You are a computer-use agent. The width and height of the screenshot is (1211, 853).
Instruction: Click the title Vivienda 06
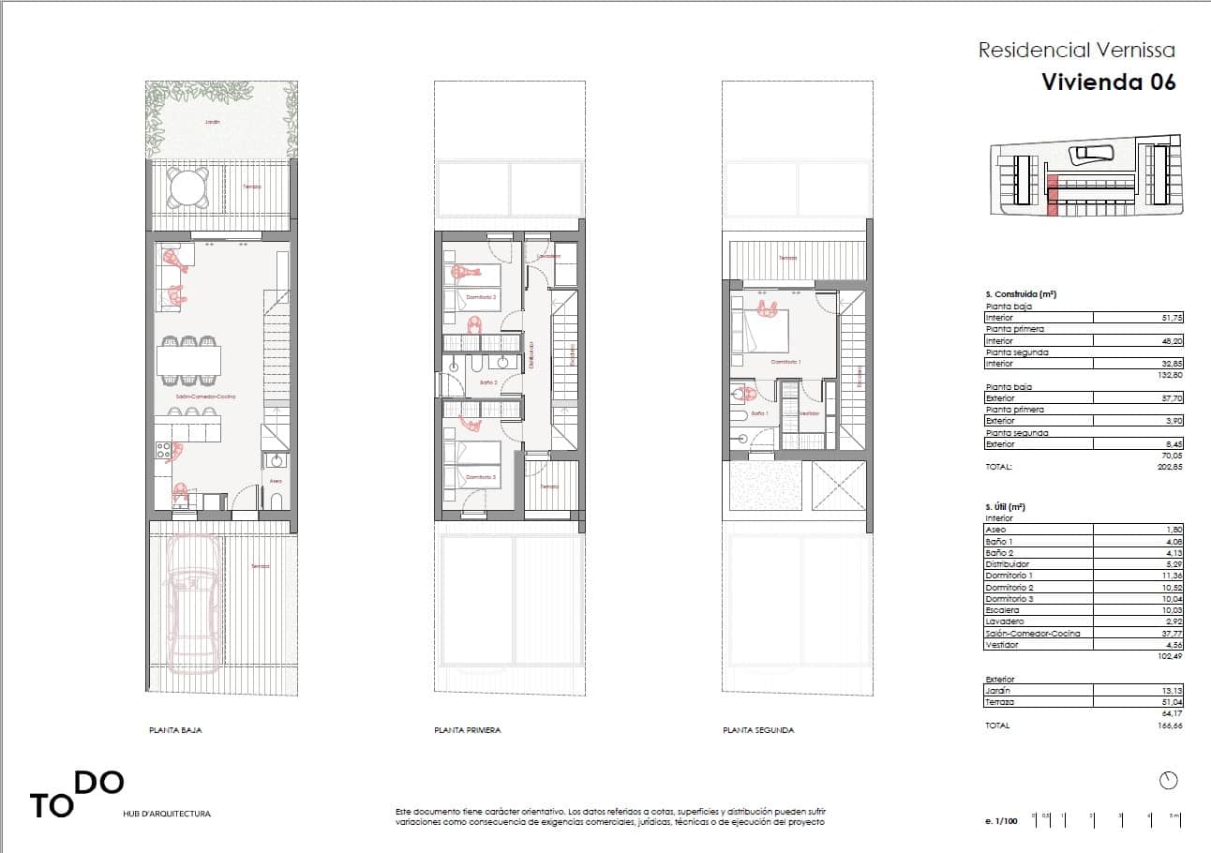pos(1108,82)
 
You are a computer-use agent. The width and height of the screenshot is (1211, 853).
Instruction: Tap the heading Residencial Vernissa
pos(1076,51)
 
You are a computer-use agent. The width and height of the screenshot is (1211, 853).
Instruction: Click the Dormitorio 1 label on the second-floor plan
pos(785,361)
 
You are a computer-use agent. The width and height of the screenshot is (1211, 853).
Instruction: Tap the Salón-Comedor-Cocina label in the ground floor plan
pos(205,397)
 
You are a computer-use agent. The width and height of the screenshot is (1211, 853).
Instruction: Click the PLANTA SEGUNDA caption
pos(758,730)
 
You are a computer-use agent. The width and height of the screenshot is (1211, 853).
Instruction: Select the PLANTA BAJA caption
pos(175,730)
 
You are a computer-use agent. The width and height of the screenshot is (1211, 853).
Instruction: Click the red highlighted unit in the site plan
pos(1052,196)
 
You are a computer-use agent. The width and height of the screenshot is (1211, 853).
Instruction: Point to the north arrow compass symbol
pos(1168,780)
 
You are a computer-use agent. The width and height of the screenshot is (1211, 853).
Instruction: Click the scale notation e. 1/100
pos(1001,821)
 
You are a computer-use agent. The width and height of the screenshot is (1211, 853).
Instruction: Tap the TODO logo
pos(76,795)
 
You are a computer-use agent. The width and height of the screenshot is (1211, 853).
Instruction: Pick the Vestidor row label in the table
pos(1001,645)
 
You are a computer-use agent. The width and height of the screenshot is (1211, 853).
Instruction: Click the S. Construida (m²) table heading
pos(1021,294)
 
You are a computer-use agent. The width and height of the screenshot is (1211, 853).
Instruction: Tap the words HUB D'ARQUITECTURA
pos(167,815)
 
